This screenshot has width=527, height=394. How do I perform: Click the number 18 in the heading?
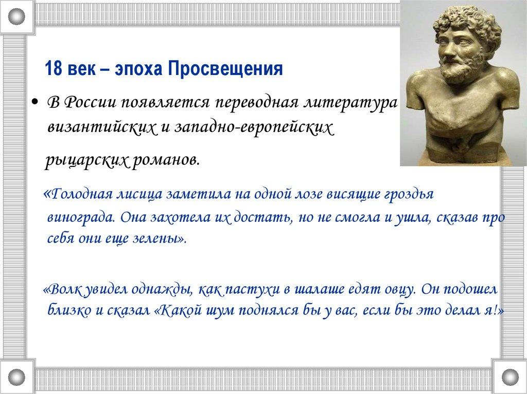coord(53,69)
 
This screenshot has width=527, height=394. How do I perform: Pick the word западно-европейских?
coord(254,128)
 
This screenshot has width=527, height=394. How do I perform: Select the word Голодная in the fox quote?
coord(80,194)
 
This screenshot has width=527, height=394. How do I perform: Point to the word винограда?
coord(82,217)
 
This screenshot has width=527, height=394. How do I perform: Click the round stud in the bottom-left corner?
coord(16,377)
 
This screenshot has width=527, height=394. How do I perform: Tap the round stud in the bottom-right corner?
coord(510,377)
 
